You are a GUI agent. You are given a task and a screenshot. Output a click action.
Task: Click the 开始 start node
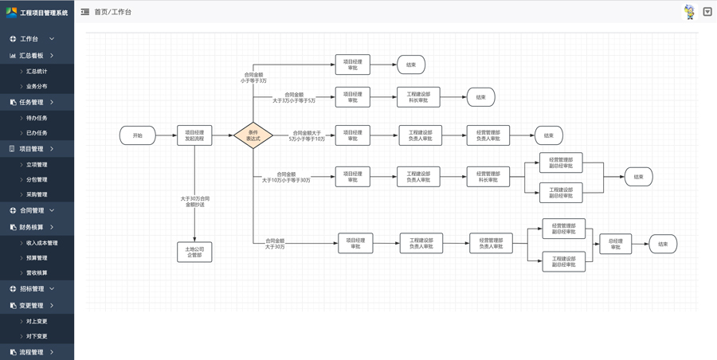coord(137,135)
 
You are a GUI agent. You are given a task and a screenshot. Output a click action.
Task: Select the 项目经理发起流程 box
coord(194,135)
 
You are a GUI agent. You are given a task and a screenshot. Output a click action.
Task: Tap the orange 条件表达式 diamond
coord(253,135)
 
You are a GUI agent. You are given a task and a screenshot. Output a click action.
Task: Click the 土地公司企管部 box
coord(194,252)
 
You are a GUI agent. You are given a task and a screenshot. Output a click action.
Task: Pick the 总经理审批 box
coord(615,244)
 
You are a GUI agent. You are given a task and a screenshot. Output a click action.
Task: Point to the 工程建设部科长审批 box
coord(418,97)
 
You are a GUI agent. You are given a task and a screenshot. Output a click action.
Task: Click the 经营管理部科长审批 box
coord(488,176)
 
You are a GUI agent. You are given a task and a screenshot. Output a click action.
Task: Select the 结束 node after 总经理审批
coord(663,244)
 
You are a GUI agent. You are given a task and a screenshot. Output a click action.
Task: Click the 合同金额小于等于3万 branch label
coord(253,77)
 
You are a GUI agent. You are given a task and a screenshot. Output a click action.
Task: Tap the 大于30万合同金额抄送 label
coord(194,202)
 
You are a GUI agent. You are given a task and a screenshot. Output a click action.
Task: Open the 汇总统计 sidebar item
coord(37,72)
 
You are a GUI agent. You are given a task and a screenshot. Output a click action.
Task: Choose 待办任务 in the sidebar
coord(37,118)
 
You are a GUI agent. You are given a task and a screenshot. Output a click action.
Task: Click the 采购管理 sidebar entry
coord(37,194)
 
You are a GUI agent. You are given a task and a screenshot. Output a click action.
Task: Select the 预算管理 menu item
coord(37,258)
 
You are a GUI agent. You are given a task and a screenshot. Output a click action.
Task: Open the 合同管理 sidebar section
coord(32,211)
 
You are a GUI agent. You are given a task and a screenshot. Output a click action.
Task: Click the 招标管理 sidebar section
coord(32,289)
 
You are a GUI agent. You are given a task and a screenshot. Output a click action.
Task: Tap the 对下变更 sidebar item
coord(37,336)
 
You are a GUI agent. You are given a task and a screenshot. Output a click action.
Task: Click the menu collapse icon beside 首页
coord(85,12)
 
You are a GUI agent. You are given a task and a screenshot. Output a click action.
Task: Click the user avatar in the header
coord(689,12)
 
